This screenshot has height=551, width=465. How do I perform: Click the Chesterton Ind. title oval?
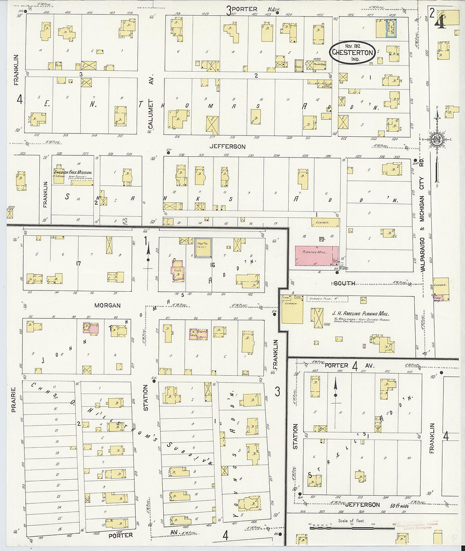click(352, 52)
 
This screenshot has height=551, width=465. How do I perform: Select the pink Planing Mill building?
click(317, 256)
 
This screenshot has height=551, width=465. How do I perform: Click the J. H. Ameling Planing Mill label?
click(360, 314)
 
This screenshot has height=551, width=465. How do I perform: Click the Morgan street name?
click(107, 305)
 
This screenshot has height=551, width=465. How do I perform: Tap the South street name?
click(344, 283)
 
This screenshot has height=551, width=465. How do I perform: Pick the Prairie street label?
click(14, 399)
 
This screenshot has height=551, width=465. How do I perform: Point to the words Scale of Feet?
click(351, 521)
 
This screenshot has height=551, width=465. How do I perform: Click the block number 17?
click(78, 263)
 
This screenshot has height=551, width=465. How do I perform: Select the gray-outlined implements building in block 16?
click(203, 248)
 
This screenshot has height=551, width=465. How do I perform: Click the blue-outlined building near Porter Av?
click(391, 28)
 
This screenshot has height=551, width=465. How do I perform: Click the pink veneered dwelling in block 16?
click(177, 271)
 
